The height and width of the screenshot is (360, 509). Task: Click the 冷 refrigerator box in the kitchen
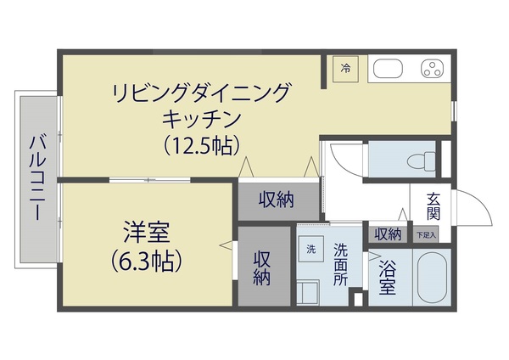point(345,68)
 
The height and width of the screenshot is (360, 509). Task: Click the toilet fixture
point(419,160)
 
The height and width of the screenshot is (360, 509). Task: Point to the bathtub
point(432,277)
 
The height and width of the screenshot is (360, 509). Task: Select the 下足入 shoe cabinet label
point(425,234)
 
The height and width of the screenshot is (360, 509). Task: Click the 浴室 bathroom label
point(387,278)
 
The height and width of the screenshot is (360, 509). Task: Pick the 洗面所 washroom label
point(340,263)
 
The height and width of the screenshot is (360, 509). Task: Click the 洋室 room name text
point(146,230)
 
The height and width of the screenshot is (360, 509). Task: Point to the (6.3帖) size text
point(146,259)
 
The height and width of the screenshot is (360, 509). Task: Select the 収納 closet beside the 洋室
point(262,266)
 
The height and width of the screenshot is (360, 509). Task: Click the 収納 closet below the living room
point(277,200)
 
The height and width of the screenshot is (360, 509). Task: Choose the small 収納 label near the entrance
point(387,233)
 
